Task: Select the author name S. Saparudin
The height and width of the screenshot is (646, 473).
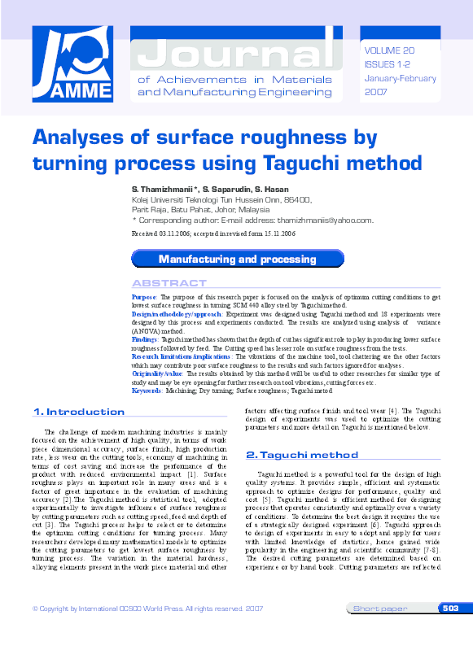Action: pos(226,189)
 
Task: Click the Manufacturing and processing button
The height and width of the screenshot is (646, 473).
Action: pos(237,259)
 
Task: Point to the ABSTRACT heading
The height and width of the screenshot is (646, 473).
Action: pos(169,283)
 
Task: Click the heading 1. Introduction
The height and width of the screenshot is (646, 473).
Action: pos(79,412)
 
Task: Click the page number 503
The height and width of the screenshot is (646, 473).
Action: pos(450,608)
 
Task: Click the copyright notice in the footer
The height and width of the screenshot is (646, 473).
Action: pos(147,609)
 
